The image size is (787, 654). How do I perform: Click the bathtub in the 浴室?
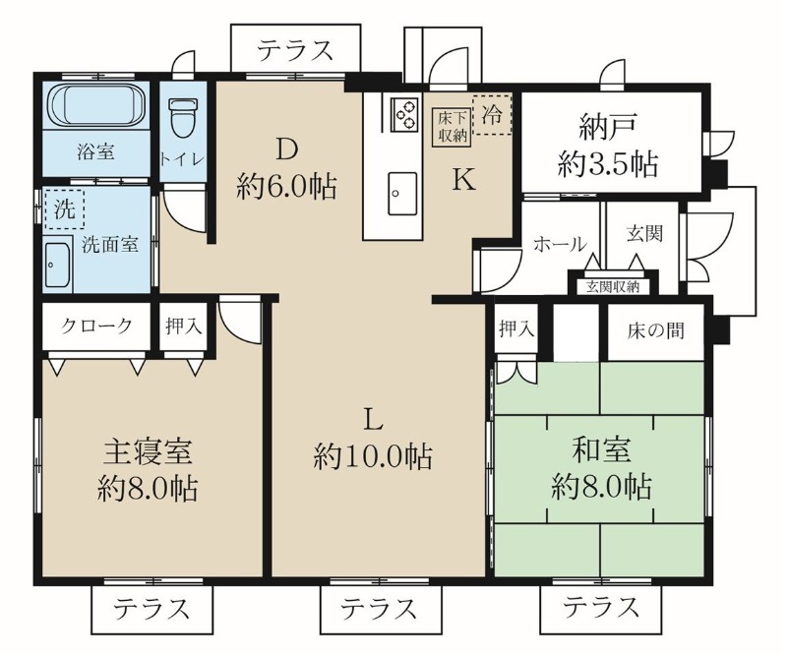click(x=96, y=105)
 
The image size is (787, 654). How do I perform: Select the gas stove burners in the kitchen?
click(x=404, y=114)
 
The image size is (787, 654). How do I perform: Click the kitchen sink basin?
click(x=402, y=193)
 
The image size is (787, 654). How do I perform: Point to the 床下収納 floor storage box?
click(x=453, y=128)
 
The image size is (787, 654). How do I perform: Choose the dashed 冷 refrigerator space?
click(x=492, y=114)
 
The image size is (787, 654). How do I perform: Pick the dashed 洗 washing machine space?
click(x=64, y=208)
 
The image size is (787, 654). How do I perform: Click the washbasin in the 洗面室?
click(x=58, y=266)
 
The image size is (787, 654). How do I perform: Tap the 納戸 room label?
click(x=608, y=128)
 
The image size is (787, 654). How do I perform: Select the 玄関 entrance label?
click(x=644, y=233)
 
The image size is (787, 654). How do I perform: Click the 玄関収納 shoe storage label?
click(x=613, y=287)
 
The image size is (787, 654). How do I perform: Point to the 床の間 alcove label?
click(x=655, y=330)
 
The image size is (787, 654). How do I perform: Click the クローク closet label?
click(x=96, y=326)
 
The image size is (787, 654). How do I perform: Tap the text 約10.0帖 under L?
click(x=373, y=455)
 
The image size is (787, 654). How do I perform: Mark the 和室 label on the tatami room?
click(x=601, y=449)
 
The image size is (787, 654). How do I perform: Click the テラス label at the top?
click(x=296, y=50)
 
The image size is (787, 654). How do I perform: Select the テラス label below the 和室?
click(x=601, y=607)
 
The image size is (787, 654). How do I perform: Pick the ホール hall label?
click(x=560, y=245)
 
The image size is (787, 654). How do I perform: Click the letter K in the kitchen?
click(x=463, y=180)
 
